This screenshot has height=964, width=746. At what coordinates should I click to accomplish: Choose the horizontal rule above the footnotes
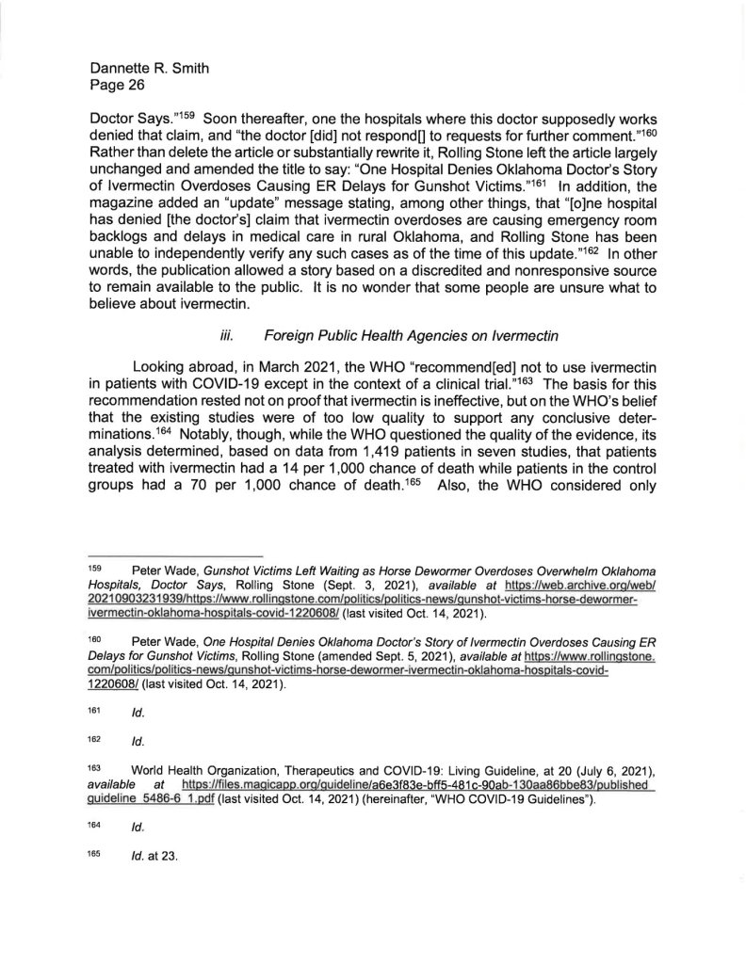175,555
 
